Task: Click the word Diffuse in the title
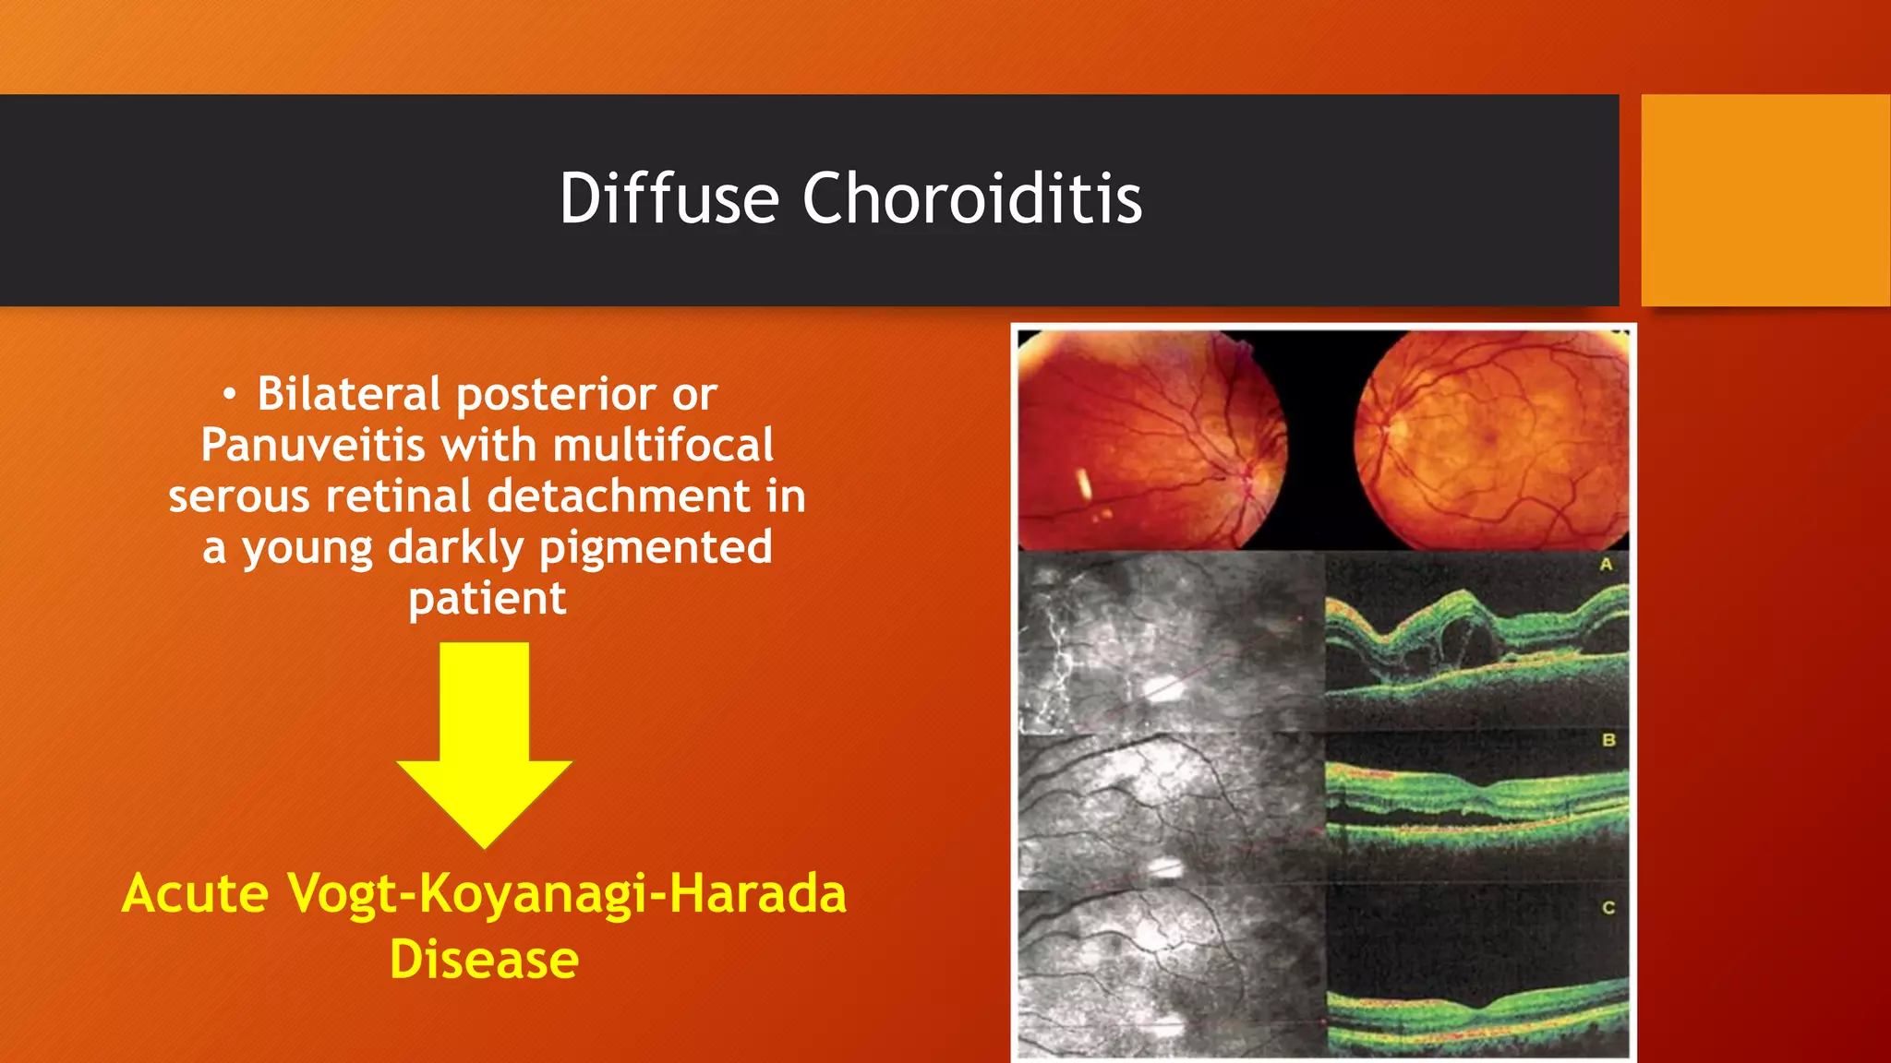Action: point(668,198)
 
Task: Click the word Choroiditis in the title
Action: point(971,198)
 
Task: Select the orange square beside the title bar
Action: point(1765,199)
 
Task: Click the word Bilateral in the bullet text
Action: point(348,394)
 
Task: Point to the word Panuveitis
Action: point(312,446)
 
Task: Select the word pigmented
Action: point(656,548)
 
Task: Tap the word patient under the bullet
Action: point(487,599)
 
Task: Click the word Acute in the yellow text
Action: point(195,894)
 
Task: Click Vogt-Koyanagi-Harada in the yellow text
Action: point(566,894)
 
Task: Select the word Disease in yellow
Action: point(484,960)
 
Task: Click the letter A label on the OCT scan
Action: point(1606,564)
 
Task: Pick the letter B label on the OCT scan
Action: point(1608,740)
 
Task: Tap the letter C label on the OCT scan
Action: point(1608,908)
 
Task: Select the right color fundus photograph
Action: point(1490,440)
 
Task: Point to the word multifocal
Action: point(663,446)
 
